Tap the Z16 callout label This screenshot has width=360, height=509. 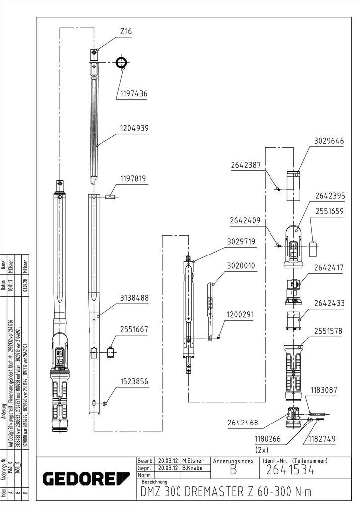126,31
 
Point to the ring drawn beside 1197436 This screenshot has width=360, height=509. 121,63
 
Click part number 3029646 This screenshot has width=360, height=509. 329,141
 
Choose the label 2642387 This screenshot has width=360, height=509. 245,165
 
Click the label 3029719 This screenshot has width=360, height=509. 241,242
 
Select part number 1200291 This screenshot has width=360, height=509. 240,315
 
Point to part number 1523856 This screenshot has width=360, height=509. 133,381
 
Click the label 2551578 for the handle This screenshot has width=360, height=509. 329,331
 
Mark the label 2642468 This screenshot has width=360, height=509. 243,423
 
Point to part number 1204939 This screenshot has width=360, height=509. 134,128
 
